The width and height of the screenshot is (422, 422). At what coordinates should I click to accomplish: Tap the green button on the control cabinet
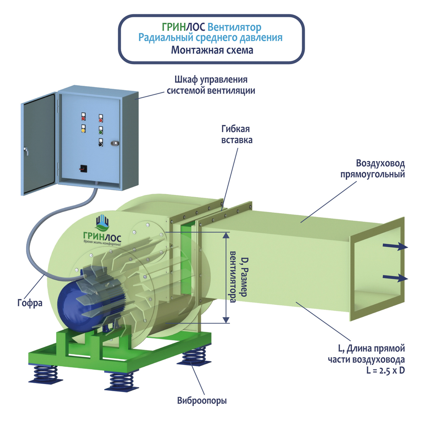101,130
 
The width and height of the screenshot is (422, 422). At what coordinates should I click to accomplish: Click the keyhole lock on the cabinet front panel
115,143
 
